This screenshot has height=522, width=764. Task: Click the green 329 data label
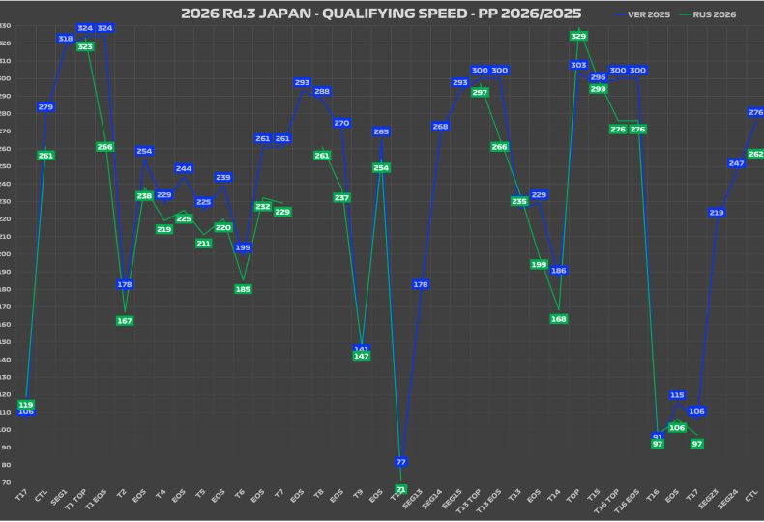click(x=578, y=36)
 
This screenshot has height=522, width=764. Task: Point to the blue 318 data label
click(x=66, y=39)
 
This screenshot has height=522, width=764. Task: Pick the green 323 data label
click(x=85, y=46)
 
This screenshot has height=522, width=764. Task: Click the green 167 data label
click(x=125, y=321)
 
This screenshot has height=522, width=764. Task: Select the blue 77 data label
click(x=401, y=462)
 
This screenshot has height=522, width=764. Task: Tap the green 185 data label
click(x=243, y=289)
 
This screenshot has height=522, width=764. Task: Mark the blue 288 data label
click(x=322, y=92)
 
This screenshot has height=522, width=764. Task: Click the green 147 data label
click(x=362, y=356)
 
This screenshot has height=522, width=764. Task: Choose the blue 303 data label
click(x=578, y=65)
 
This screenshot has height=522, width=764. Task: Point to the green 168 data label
click(x=559, y=319)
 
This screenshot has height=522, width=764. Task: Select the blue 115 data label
click(x=677, y=395)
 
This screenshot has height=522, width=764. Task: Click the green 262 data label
click(x=755, y=154)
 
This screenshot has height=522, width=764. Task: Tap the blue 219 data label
click(x=717, y=213)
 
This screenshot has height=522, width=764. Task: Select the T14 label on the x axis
click(x=554, y=495)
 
